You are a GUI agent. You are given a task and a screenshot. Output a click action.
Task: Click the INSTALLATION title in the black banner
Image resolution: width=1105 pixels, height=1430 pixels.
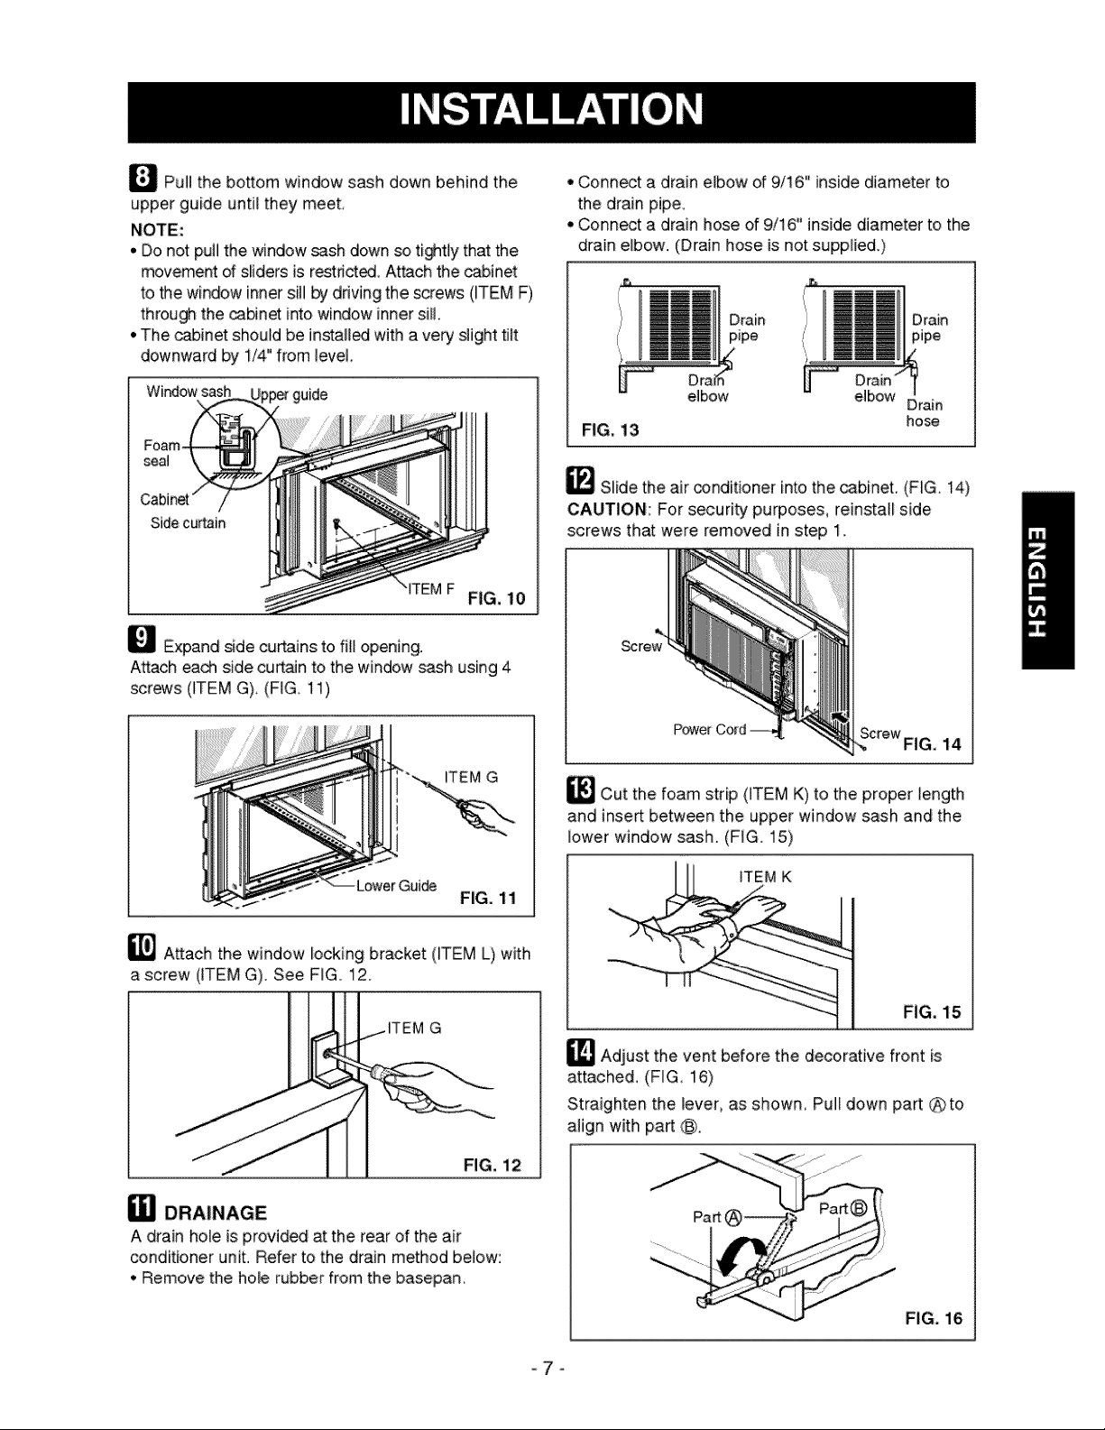point(551,109)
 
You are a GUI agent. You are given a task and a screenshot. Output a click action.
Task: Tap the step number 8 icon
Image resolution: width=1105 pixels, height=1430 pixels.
point(143,179)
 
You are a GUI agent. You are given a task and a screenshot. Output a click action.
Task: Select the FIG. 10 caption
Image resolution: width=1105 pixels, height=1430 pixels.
point(497,598)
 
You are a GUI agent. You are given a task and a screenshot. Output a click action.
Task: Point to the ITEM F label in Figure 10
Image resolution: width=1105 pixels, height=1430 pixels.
point(431,589)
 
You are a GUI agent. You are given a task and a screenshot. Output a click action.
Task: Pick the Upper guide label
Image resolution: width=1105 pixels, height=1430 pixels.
point(289,395)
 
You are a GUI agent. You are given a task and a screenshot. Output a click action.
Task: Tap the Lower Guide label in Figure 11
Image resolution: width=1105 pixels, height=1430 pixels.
point(396,886)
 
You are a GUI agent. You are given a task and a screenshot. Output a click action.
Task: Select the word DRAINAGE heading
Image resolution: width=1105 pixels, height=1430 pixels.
point(215,1213)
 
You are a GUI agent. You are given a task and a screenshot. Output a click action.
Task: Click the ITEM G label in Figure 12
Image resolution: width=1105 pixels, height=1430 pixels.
point(414,1028)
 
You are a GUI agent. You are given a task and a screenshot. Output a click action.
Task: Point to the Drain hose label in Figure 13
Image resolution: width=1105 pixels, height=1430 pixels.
point(924,412)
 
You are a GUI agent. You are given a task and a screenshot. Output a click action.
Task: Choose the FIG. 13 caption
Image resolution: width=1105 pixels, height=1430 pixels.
point(611,430)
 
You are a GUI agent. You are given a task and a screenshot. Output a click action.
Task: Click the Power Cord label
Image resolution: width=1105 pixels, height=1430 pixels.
point(710,729)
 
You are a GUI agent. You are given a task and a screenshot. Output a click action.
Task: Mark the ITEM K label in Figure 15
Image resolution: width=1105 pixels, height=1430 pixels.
point(765,877)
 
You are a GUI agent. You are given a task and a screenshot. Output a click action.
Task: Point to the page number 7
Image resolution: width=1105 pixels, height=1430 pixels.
point(548,1368)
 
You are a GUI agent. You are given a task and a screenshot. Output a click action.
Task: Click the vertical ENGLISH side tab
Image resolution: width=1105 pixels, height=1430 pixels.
point(1047,580)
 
